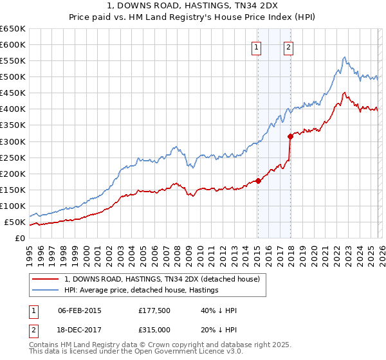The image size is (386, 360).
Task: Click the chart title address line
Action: [x=193, y=5]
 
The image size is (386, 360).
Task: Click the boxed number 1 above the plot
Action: [x=257, y=46]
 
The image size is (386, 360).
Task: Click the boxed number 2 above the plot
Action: [x=288, y=46]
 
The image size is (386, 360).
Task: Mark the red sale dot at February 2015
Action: [x=258, y=181]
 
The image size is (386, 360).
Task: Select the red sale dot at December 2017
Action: [x=290, y=136]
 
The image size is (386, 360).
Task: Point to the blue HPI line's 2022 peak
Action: [x=345, y=57]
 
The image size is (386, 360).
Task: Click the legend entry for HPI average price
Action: [x=142, y=290]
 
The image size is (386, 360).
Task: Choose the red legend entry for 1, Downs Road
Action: [x=161, y=279]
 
